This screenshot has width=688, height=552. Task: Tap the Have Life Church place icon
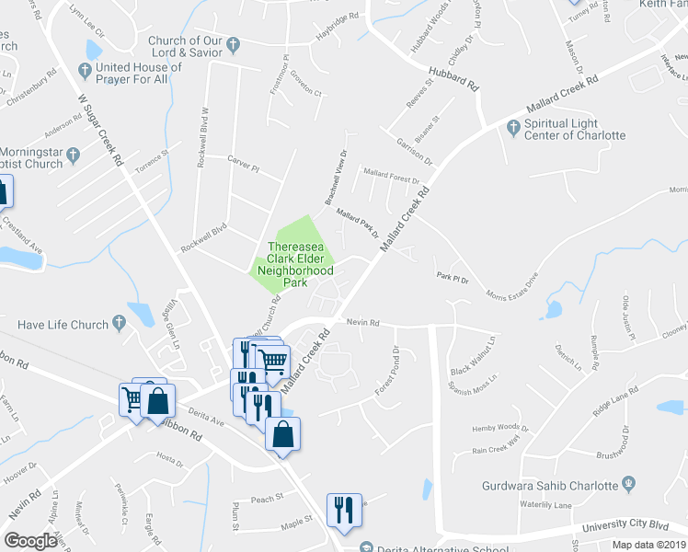119,323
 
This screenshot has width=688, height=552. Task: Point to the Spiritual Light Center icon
512,130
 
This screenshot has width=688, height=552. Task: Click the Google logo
30,541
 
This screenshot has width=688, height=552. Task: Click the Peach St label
267,499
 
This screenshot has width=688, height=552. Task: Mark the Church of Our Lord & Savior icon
234,43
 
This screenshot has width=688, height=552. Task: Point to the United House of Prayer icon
85,69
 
